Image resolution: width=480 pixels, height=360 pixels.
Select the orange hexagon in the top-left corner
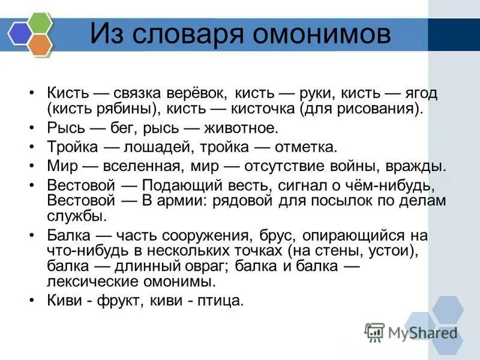[40, 44]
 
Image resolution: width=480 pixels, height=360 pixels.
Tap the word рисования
[372, 109]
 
